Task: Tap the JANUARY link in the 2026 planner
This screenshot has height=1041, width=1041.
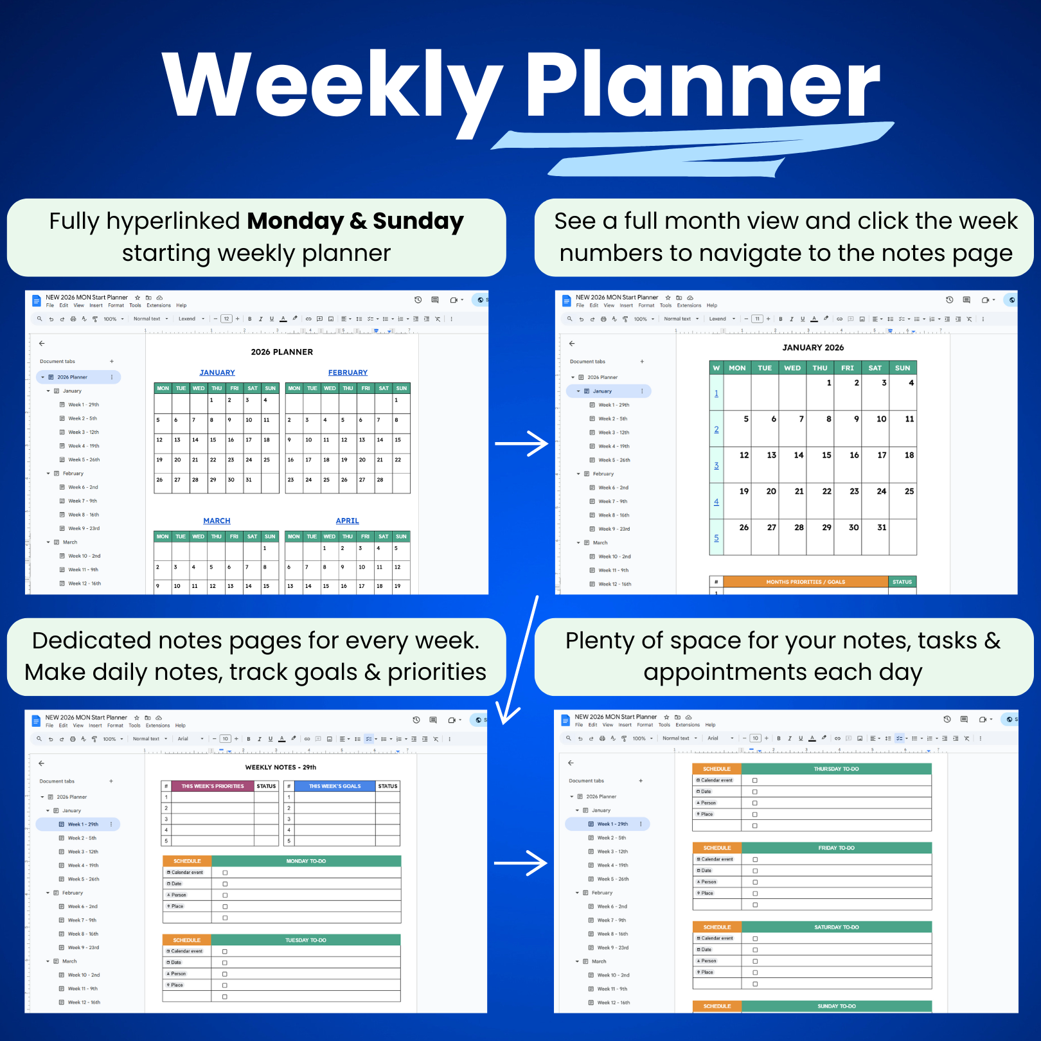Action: [x=217, y=373]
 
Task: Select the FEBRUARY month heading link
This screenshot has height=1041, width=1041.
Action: [x=348, y=373]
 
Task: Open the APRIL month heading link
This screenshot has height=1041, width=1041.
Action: [x=347, y=521]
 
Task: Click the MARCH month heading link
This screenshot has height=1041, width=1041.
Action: [x=217, y=521]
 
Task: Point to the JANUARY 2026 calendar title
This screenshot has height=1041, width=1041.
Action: [x=813, y=348]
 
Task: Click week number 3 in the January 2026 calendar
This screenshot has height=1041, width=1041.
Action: [x=716, y=466]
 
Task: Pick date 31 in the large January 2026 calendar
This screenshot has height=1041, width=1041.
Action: [x=882, y=528]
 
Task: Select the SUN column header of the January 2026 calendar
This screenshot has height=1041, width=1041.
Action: [x=902, y=368]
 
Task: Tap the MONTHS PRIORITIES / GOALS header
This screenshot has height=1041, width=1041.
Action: [x=805, y=582]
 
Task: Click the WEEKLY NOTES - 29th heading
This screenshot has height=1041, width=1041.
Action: [x=280, y=767]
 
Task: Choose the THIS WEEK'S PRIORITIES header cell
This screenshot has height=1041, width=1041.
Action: [x=213, y=786]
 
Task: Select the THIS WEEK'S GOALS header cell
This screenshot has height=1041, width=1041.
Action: [x=335, y=786]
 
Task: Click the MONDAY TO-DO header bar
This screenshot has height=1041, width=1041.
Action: [x=306, y=861]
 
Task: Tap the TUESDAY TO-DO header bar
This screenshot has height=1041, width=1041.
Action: [x=306, y=940]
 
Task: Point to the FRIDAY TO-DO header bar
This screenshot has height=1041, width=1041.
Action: [x=836, y=848]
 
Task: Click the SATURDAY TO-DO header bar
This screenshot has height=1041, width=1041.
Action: [x=836, y=927]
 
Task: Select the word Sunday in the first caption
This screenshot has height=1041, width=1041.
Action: [x=418, y=221]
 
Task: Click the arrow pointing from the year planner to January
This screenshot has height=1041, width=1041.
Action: [x=521, y=443]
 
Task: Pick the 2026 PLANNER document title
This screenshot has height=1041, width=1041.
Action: [x=282, y=352]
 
